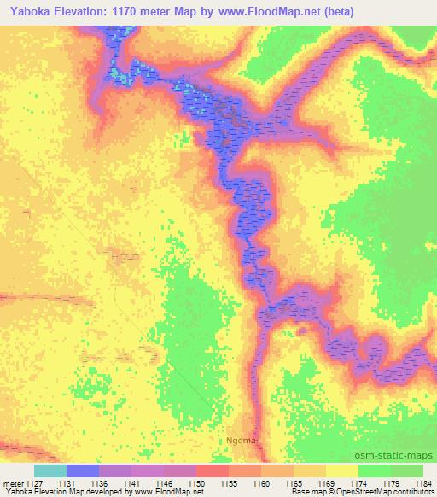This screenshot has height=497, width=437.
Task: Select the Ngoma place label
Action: click(241, 441)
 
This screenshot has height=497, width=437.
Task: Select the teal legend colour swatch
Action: click(50, 471)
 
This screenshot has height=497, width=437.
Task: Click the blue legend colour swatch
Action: click(83, 471)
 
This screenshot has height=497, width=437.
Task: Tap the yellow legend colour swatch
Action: click(342, 471)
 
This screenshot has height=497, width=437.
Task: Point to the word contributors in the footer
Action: click(411, 492)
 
